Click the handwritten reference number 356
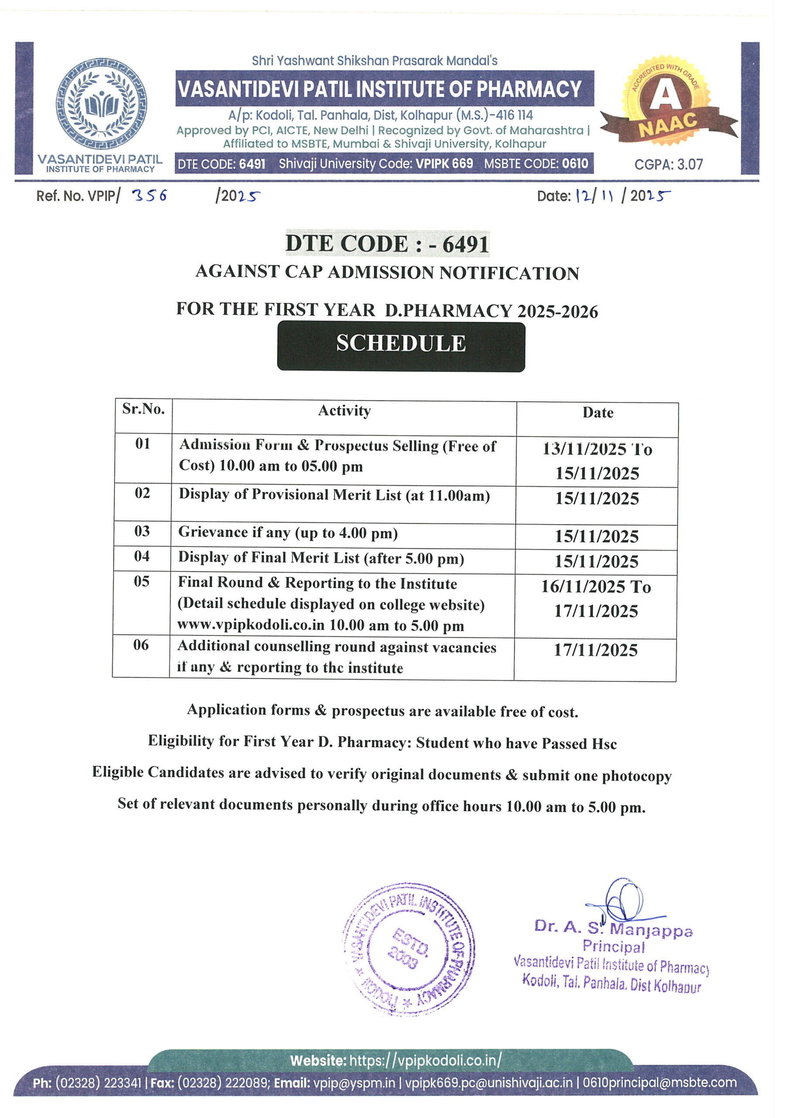(x=150, y=195)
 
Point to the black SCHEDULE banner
(x=401, y=347)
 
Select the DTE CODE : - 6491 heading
(x=387, y=243)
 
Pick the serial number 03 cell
(x=142, y=531)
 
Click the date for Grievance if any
(x=596, y=536)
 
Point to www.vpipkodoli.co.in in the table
(x=251, y=625)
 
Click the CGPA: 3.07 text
(x=668, y=165)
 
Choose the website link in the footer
(x=425, y=1060)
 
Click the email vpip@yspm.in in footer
(x=354, y=1083)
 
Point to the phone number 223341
(x=123, y=1083)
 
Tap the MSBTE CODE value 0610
(x=575, y=164)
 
